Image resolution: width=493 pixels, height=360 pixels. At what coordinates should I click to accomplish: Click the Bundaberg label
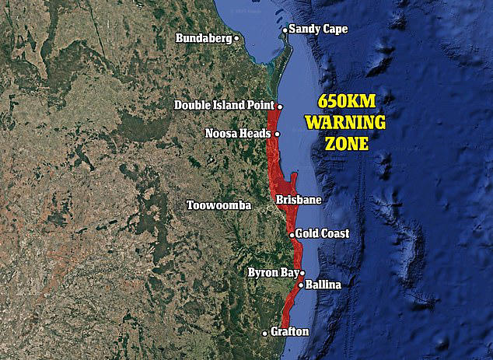pyautogui.click(x=204, y=37)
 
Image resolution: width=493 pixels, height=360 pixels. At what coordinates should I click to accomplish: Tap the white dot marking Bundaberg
pyautogui.click(x=236, y=37)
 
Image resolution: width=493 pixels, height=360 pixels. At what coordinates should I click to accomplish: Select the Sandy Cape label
pyautogui.click(x=319, y=29)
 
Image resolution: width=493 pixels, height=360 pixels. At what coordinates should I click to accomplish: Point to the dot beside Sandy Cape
pyautogui.click(x=285, y=30)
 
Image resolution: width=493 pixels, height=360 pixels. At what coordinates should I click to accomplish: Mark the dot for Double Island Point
pyautogui.click(x=279, y=106)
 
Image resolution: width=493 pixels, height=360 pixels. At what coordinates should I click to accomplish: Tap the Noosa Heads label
pyautogui.click(x=238, y=133)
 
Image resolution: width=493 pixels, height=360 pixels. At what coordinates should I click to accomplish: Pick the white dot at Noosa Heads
pyautogui.click(x=277, y=134)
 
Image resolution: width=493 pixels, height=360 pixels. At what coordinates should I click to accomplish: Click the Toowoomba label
pyautogui.click(x=219, y=205)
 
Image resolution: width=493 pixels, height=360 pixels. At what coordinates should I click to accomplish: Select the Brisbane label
pyautogui.click(x=299, y=200)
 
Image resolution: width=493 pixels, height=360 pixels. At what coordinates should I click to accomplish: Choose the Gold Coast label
pyautogui.click(x=323, y=233)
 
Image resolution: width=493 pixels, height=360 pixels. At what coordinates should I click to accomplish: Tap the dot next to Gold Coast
pyautogui.click(x=292, y=234)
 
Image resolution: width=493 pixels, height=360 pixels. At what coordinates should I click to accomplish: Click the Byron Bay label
pyautogui.click(x=271, y=273)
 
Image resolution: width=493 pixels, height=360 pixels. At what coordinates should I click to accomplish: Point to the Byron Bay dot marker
pyautogui.click(x=302, y=273)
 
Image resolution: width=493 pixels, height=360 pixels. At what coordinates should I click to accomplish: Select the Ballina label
pyautogui.click(x=323, y=285)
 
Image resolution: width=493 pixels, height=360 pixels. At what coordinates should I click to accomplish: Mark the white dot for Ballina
pyautogui.click(x=300, y=285)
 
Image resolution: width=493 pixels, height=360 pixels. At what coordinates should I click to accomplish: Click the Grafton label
pyautogui.click(x=289, y=332)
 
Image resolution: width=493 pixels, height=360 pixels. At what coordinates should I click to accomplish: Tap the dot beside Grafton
pyautogui.click(x=265, y=332)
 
